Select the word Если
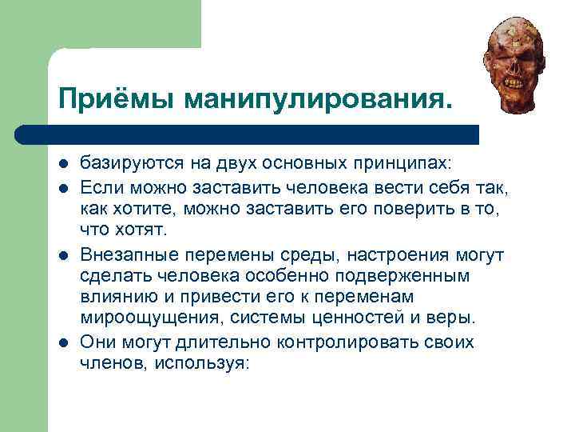click(99, 186)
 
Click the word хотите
click(146, 209)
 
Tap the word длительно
click(225, 342)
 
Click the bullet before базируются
click(62, 165)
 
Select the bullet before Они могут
click(62, 343)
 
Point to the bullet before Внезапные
click(62, 255)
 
